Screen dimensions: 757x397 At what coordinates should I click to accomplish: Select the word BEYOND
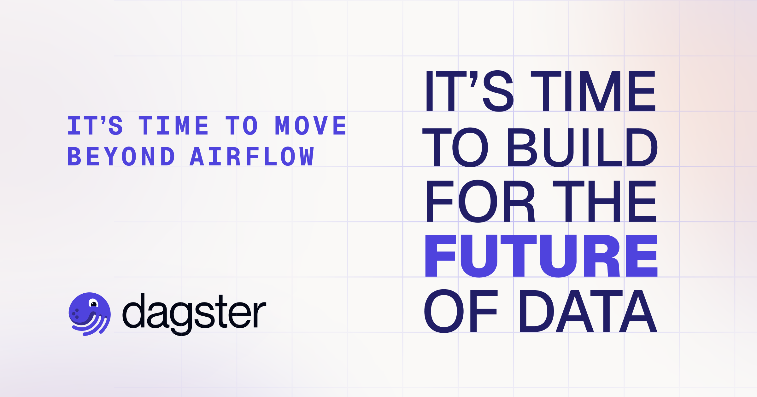(x=121, y=156)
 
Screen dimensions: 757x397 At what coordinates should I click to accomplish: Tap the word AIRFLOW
(x=252, y=156)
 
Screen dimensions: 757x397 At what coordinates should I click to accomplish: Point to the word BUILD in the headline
(x=582, y=147)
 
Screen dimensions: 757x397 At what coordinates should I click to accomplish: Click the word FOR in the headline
(x=480, y=201)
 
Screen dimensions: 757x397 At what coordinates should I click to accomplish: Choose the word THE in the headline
(x=604, y=201)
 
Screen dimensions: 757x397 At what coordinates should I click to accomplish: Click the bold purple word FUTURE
(x=541, y=256)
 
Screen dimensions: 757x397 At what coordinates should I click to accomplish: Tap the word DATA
(x=588, y=311)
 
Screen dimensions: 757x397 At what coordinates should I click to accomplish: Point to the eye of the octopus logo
(x=94, y=304)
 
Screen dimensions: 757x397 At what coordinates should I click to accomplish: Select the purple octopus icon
(x=90, y=314)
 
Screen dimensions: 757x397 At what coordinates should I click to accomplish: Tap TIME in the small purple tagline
(x=173, y=125)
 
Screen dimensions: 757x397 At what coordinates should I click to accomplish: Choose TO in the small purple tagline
(x=242, y=125)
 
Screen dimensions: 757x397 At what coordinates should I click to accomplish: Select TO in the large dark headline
(x=455, y=147)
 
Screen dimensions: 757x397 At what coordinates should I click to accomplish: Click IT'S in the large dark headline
(x=469, y=91)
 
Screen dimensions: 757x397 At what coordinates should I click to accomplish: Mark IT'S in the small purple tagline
(x=95, y=125)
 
